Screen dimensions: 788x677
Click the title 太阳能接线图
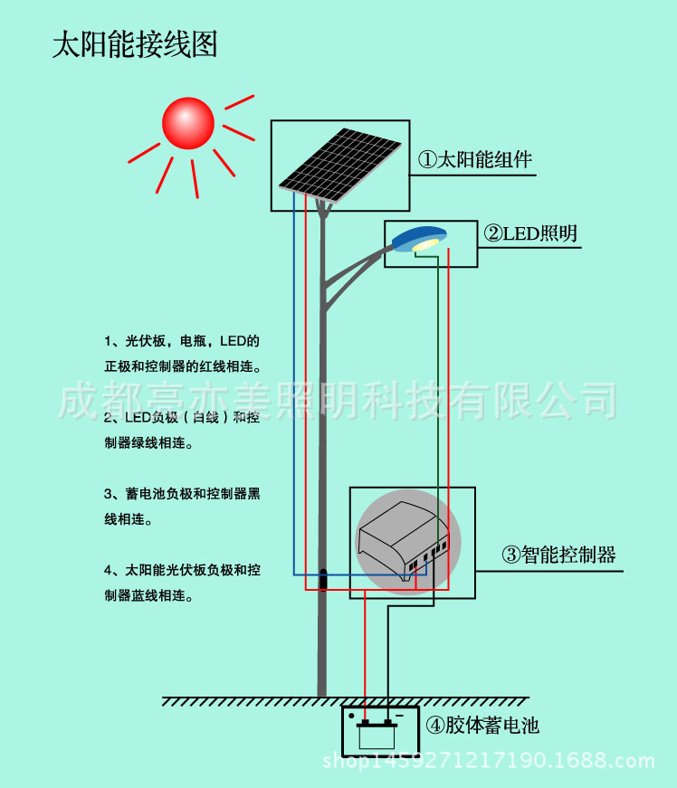tap(135, 44)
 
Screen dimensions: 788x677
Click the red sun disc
tap(188, 123)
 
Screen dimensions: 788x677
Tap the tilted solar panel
tap(339, 162)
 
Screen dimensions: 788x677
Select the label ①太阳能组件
tap(474, 160)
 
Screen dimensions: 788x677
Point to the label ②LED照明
tap(530, 233)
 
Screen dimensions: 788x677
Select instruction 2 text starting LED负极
tap(182, 431)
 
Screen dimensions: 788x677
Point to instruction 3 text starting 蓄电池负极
tap(182, 507)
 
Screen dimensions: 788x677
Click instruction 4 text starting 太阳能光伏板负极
tap(182, 583)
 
